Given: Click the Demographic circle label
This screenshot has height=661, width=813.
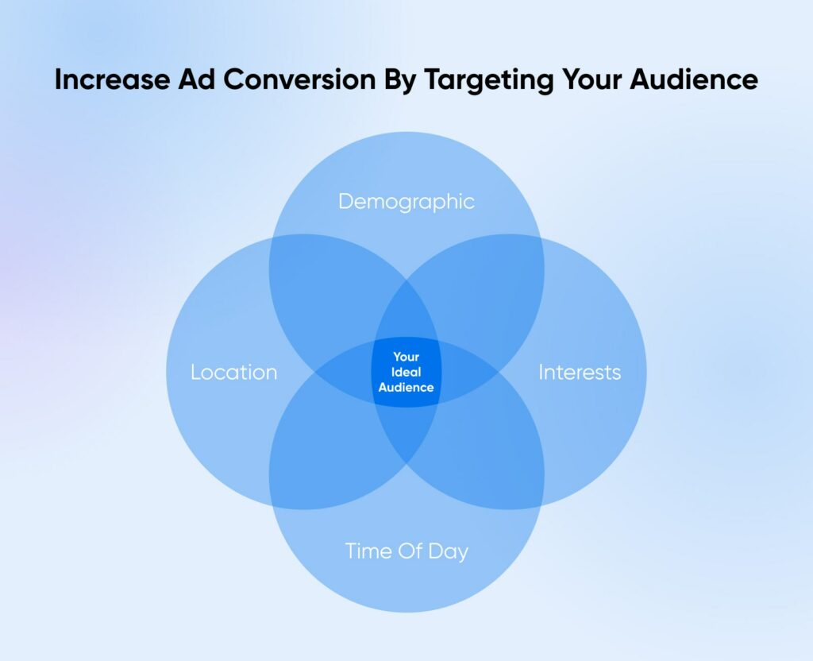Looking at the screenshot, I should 406,202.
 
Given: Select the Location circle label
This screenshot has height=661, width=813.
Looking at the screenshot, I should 233,372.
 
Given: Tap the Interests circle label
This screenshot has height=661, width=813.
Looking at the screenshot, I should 580,372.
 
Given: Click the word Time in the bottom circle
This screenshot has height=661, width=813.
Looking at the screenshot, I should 368,551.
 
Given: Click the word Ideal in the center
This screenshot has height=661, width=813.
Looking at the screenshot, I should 406,372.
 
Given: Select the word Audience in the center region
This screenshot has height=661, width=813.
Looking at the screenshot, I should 406,388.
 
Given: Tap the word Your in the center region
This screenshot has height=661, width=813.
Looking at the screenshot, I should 406,357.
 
